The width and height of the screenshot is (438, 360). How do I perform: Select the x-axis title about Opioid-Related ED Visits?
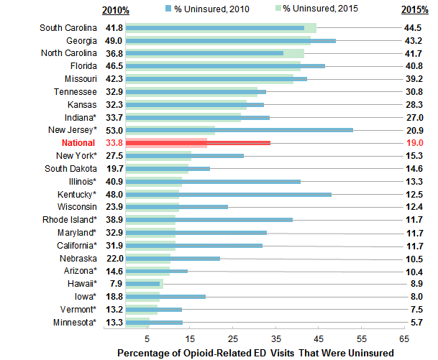click(x=255, y=352)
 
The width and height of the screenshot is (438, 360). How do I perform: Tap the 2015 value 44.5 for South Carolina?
click(x=414, y=28)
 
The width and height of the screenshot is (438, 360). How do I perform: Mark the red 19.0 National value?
click(x=414, y=143)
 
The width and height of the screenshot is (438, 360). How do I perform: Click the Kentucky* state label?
click(x=77, y=194)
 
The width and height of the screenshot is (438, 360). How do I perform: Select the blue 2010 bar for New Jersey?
click(x=239, y=130)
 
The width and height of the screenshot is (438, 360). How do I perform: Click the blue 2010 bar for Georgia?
click(x=230, y=41)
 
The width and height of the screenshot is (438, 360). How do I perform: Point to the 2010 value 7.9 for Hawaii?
click(x=115, y=284)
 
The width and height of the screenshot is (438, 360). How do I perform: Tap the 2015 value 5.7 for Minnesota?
click(x=415, y=322)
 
